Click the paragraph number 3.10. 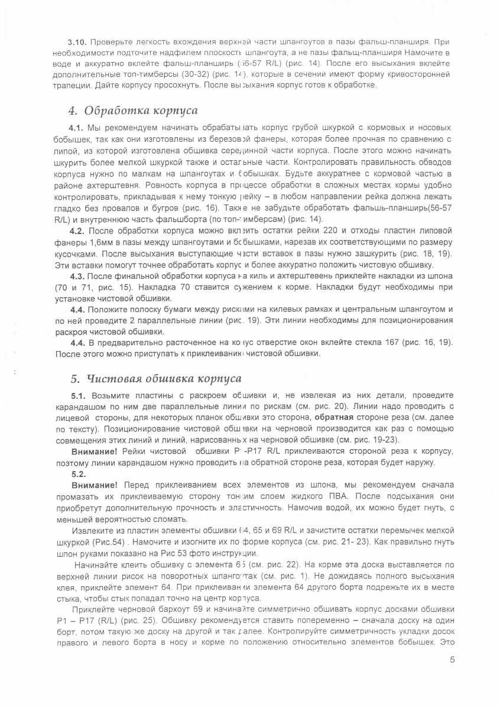pos(77,43)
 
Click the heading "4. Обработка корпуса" pos(133,111)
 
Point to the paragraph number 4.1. pos(77,128)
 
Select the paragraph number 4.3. pos(78,276)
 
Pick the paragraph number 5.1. pos(78,395)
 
